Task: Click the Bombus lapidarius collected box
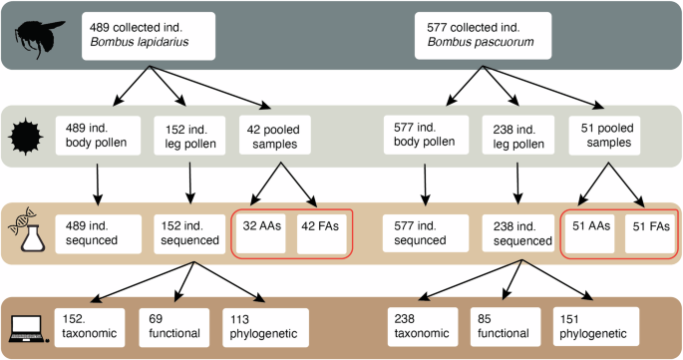click(x=150, y=36)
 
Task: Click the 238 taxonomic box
click(x=422, y=326)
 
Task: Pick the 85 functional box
click(x=504, y=326)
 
